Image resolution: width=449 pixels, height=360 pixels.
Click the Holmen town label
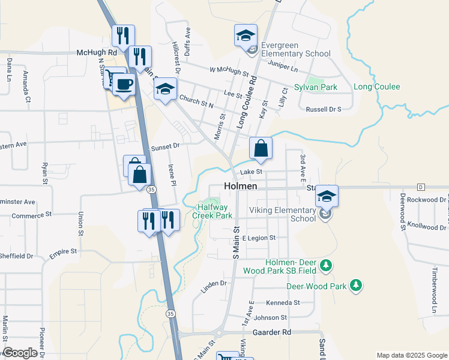coord(240,187)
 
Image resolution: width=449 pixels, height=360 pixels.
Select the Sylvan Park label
coord(315,87)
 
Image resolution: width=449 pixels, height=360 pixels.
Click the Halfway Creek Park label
coord(212,211)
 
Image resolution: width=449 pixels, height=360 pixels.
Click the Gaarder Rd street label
coord(272,332)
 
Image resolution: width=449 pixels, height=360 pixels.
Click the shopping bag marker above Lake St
coord(261,149)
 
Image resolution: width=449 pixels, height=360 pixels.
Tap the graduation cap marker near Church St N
coord(165,90)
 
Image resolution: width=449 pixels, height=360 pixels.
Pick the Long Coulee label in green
coord(377,87)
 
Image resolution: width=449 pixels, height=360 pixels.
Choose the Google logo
coord(20,353)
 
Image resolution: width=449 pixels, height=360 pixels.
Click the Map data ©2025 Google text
coord(412,355)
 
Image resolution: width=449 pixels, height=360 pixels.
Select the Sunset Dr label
coord(165,146)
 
